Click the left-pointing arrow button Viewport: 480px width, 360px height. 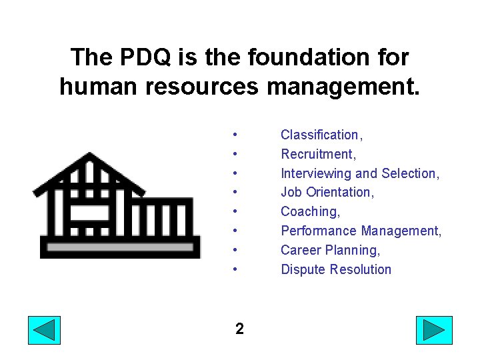44,330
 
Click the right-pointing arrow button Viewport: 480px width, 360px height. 434,330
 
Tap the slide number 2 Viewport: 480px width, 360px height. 239,329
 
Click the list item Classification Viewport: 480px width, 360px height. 321,135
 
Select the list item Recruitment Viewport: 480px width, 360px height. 319,154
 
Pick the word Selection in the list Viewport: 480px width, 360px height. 409,173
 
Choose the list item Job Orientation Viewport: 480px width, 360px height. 327,193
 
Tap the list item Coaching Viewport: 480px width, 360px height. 310,212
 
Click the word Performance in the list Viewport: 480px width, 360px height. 319,231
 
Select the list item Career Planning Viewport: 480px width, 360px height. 330,251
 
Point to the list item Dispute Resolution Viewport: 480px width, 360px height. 336,270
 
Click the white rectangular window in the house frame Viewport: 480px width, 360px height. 90,213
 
